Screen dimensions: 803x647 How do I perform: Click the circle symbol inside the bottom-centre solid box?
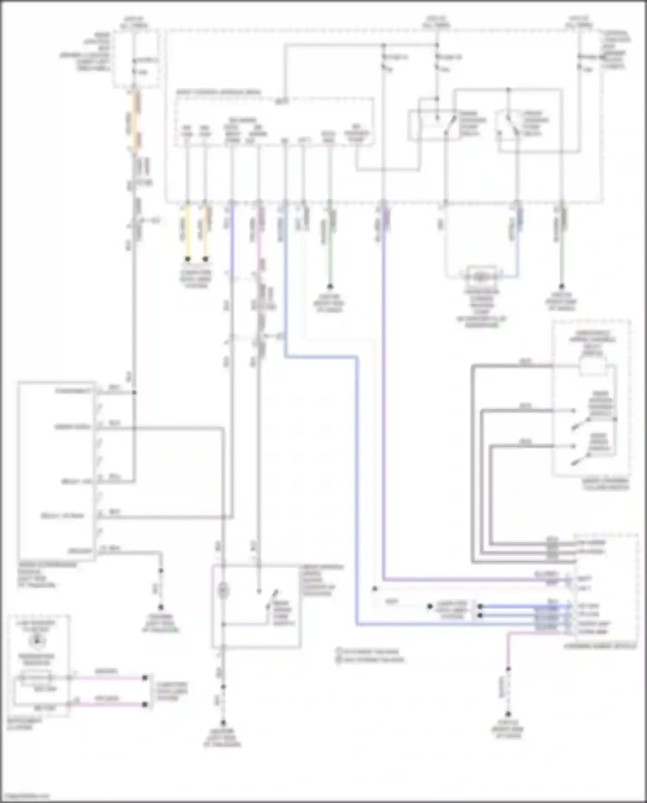click(x=223, y=590)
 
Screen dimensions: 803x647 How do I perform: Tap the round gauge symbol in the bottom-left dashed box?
click(x=37, y=642)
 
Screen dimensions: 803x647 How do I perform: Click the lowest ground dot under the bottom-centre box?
click(x=223, y=722)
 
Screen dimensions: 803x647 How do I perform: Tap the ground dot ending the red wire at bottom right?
click(x=508, y=714)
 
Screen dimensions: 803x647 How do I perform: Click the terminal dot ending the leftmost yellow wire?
click(x=188, y=259)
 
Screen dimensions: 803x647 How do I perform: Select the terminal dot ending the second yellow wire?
click(x=206, y=259)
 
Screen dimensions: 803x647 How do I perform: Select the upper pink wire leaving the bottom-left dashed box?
click(x=108, y=678)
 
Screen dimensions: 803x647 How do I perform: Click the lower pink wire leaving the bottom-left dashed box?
click(x=108, y=705)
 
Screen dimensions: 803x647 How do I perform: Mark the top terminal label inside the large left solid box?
click(x=74, y=391)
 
